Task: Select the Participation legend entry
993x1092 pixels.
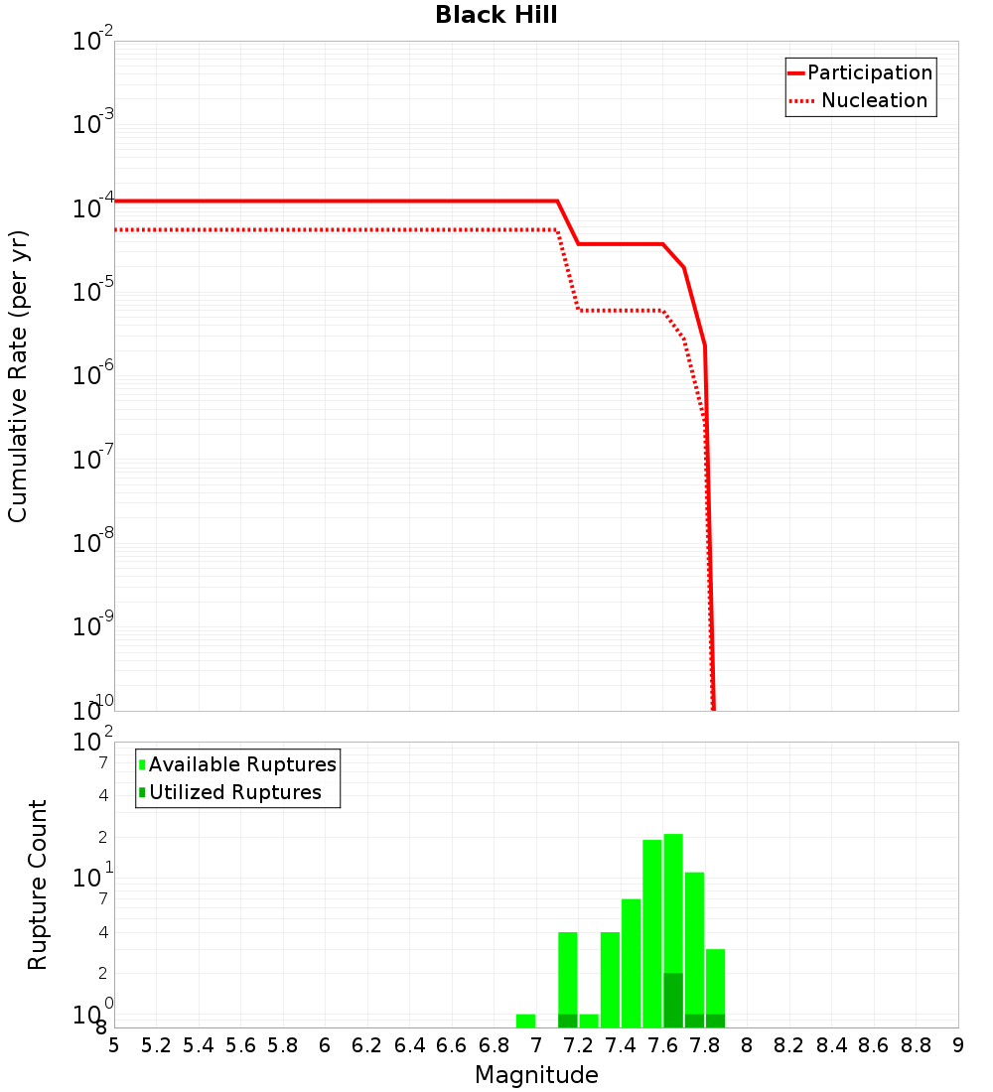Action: [860, 72]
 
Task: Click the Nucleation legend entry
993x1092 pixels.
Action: [860, 100]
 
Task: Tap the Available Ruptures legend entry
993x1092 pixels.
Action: [238, 764]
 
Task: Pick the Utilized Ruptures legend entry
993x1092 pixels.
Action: [230, 792]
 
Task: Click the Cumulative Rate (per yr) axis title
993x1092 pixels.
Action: [18, 376]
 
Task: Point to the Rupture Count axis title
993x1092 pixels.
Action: [38, 885]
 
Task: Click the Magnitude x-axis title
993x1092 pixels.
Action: [536, 1075]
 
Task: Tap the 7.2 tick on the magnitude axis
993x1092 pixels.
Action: [578, 1045]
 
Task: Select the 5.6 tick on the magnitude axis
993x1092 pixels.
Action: [240, 1045]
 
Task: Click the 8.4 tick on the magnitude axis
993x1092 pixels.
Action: [831, 1045]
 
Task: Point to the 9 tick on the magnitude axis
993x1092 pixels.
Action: [957, 1045]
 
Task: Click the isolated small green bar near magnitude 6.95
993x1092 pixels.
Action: [525, 1021]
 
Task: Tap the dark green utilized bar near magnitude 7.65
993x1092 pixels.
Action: [673, 1001]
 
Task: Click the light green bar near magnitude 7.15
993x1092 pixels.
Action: [568, 973]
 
